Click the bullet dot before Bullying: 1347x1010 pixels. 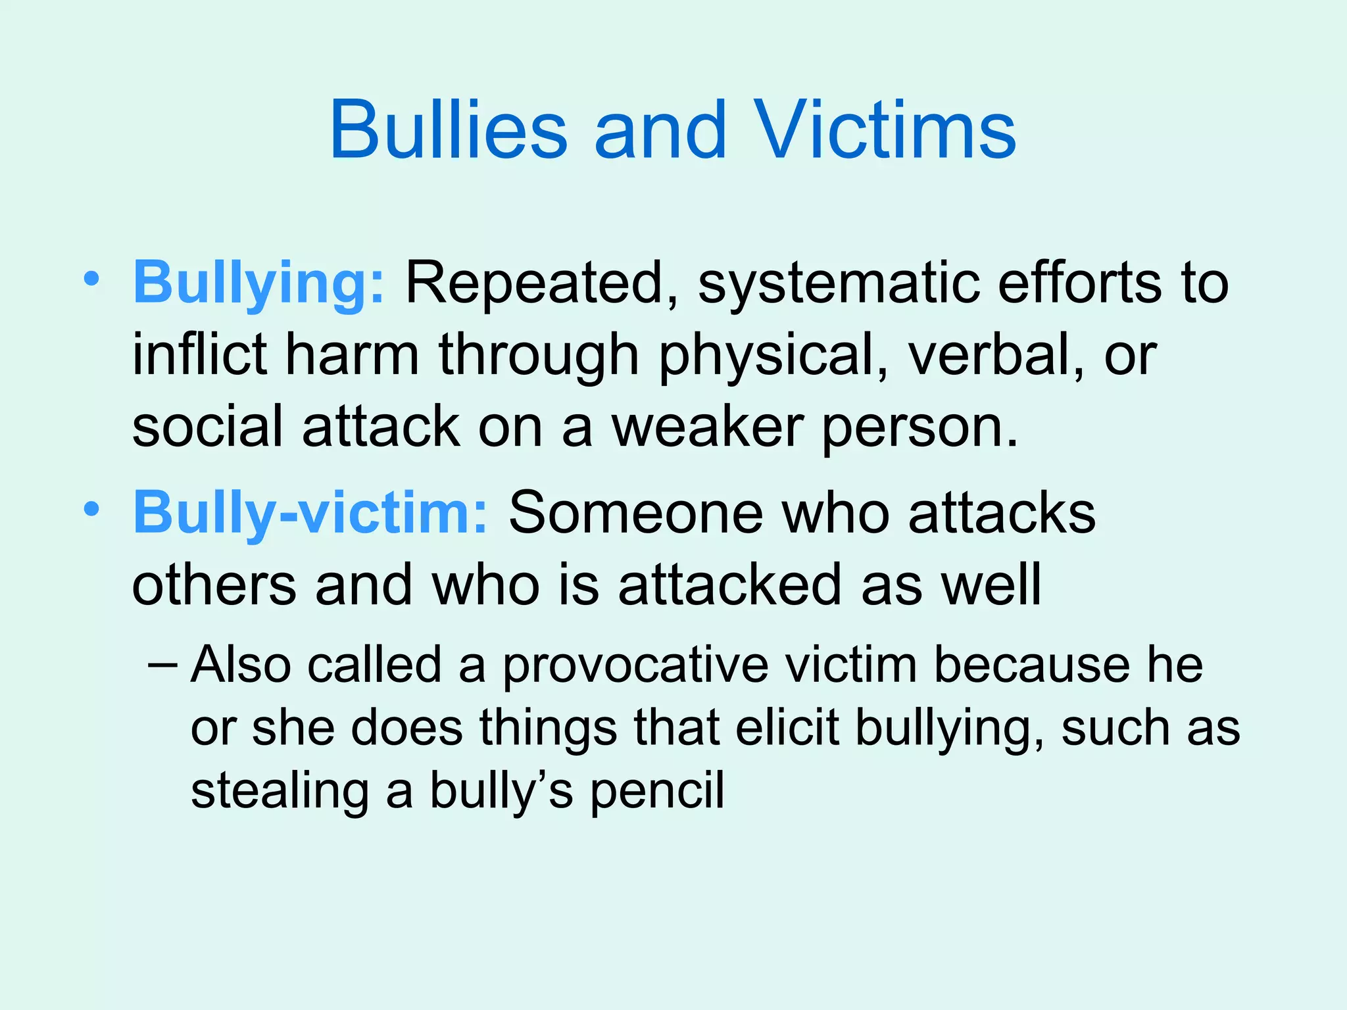tap(91, 280)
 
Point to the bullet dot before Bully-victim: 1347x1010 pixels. tap(91, 509)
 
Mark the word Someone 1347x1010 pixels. tap(635, 513)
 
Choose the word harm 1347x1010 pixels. tap(353, 355)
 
